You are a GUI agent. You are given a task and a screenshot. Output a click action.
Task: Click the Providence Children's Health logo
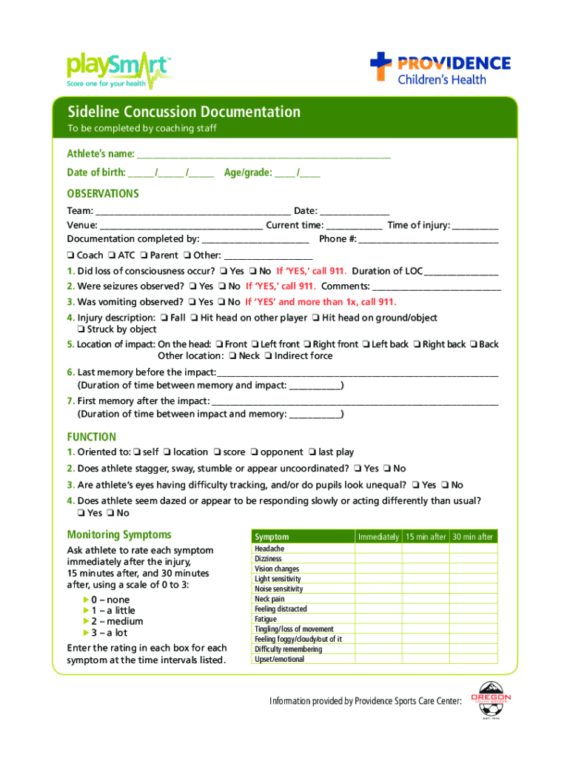(440, 69)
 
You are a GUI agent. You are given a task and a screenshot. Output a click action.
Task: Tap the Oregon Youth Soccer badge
(490, 700)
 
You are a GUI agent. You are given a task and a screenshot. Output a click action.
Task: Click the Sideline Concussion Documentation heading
(184, 113)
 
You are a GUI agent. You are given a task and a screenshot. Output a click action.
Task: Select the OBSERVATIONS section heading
(103, 194)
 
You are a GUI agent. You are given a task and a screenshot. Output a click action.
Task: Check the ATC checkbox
(113, 255)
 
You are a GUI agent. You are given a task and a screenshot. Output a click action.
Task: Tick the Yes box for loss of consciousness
(224, 271)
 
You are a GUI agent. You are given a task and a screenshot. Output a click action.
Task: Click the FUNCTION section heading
(92, 437)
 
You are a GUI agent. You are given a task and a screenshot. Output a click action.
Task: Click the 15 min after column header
(425, 537)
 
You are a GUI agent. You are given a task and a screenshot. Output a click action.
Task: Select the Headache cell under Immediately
(378, 549)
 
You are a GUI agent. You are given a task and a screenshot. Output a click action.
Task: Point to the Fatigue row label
(266, 619)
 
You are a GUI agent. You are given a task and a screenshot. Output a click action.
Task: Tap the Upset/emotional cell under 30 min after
(473, 660)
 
